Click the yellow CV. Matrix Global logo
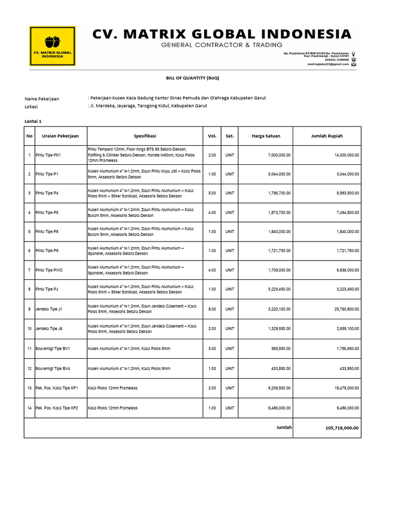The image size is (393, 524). point(53,46)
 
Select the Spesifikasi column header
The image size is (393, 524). point(145,136)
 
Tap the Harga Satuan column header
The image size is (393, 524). point(266,136)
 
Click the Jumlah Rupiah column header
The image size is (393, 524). point(327,136)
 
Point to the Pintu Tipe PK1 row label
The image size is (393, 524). point(48,155)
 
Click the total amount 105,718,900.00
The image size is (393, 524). point(342,428)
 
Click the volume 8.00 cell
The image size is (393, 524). point(212,309)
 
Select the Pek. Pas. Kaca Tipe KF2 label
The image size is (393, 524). point(56,408)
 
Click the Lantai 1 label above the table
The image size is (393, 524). point(33,121)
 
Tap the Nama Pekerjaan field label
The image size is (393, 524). point(41,98)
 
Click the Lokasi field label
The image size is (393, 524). point(31,106)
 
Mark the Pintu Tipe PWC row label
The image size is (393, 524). point(49,270)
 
